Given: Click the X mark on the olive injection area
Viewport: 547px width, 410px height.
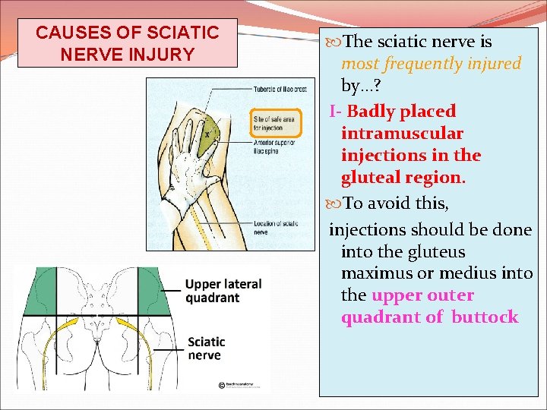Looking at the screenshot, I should [207, 134].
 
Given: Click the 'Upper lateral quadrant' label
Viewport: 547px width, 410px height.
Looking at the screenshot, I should [224, 290].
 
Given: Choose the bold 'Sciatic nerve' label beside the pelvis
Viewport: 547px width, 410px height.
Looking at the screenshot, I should [206, 348].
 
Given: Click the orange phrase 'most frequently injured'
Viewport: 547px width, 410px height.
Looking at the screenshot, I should [431, 64].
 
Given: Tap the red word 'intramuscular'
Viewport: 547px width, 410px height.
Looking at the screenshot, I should [402, 134].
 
